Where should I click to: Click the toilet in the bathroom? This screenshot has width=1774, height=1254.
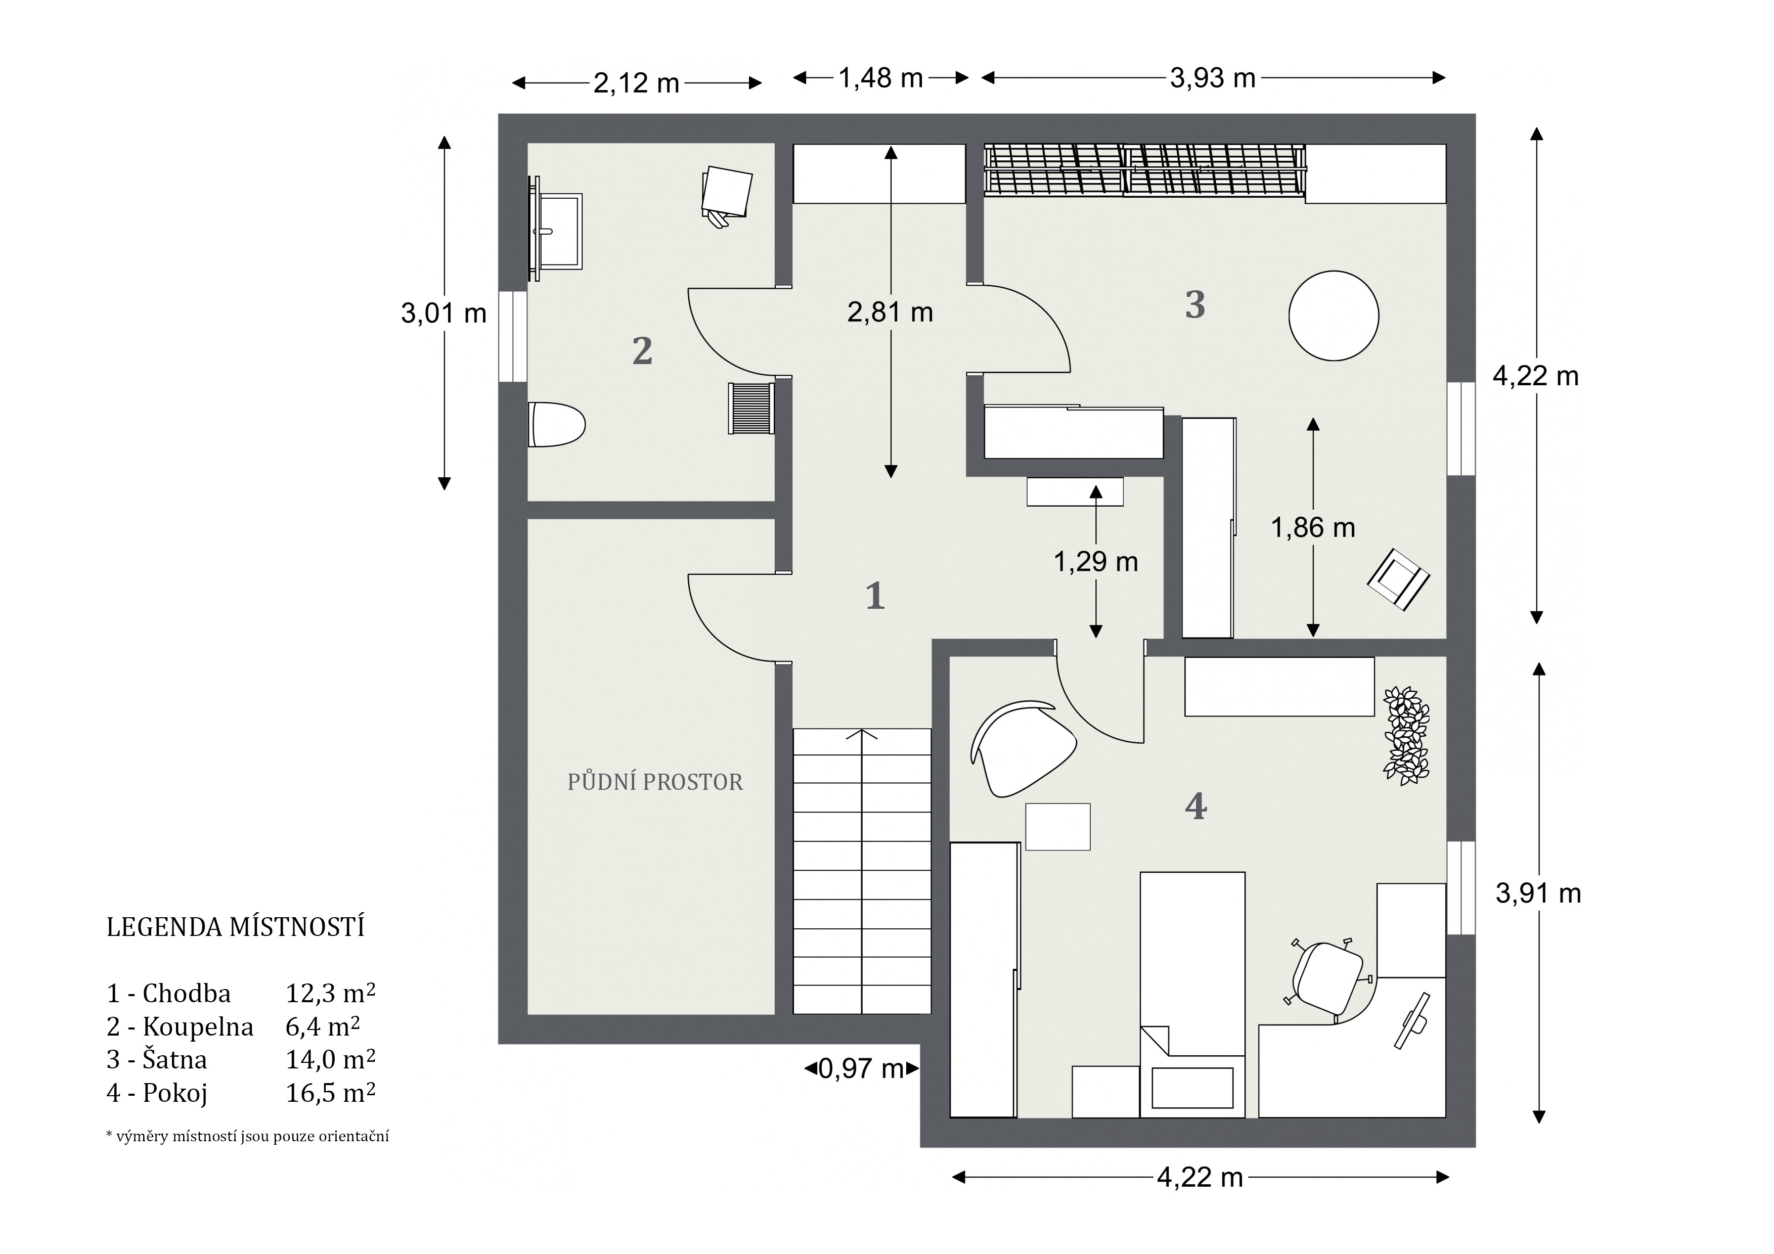pos(556,424)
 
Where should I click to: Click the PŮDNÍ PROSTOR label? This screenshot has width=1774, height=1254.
pos(655,783)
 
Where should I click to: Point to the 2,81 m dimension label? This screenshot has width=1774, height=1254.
pos(890,312)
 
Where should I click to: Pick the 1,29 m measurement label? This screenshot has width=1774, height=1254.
pos(1096,562)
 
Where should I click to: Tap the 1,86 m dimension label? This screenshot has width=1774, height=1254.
pos(1313,528)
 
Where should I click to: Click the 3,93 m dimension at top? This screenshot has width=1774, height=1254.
pos(1213,78)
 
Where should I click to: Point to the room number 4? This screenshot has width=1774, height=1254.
pos(1195,806)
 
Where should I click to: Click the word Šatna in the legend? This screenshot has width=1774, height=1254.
pos(174,1059)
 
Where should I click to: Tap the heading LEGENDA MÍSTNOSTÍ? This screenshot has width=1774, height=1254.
pos(236,927)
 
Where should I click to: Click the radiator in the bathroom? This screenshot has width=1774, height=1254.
pos(751,408)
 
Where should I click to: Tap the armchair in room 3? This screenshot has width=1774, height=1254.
pos(1398,578)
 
